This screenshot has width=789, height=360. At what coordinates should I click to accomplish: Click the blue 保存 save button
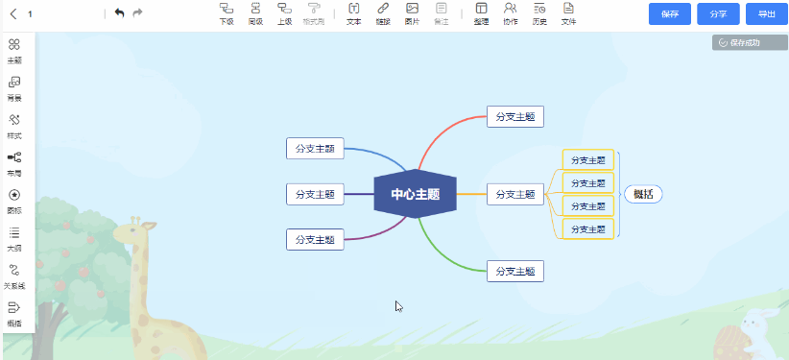coord(670,14)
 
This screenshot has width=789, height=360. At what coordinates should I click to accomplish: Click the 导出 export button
coord(765,14)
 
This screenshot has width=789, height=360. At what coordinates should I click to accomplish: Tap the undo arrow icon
coord(119,13)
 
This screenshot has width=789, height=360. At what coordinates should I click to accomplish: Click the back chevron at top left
coord(13,14)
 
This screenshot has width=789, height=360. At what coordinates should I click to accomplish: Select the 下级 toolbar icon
coord(227,12)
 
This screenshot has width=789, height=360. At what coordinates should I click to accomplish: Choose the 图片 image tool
coord(412,12)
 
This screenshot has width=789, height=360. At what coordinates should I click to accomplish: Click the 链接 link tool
coord(383,12)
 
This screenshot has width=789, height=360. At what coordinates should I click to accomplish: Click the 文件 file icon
coord(568,12)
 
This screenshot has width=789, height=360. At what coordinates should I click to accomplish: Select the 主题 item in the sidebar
coord(14,50)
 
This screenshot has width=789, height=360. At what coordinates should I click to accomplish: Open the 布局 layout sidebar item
coord(14,162)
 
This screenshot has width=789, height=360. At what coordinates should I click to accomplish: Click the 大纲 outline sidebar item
coord(14,238)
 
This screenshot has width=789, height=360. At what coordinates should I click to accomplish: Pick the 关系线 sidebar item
coord(14,276)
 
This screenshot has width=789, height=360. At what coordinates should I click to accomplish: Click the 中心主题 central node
coord(415,194)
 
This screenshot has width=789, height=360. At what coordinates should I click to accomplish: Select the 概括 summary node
coord(643,194)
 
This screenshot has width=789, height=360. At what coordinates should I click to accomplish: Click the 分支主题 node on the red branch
coord(515,116)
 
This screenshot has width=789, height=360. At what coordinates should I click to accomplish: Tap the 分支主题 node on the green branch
coord(515,271)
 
